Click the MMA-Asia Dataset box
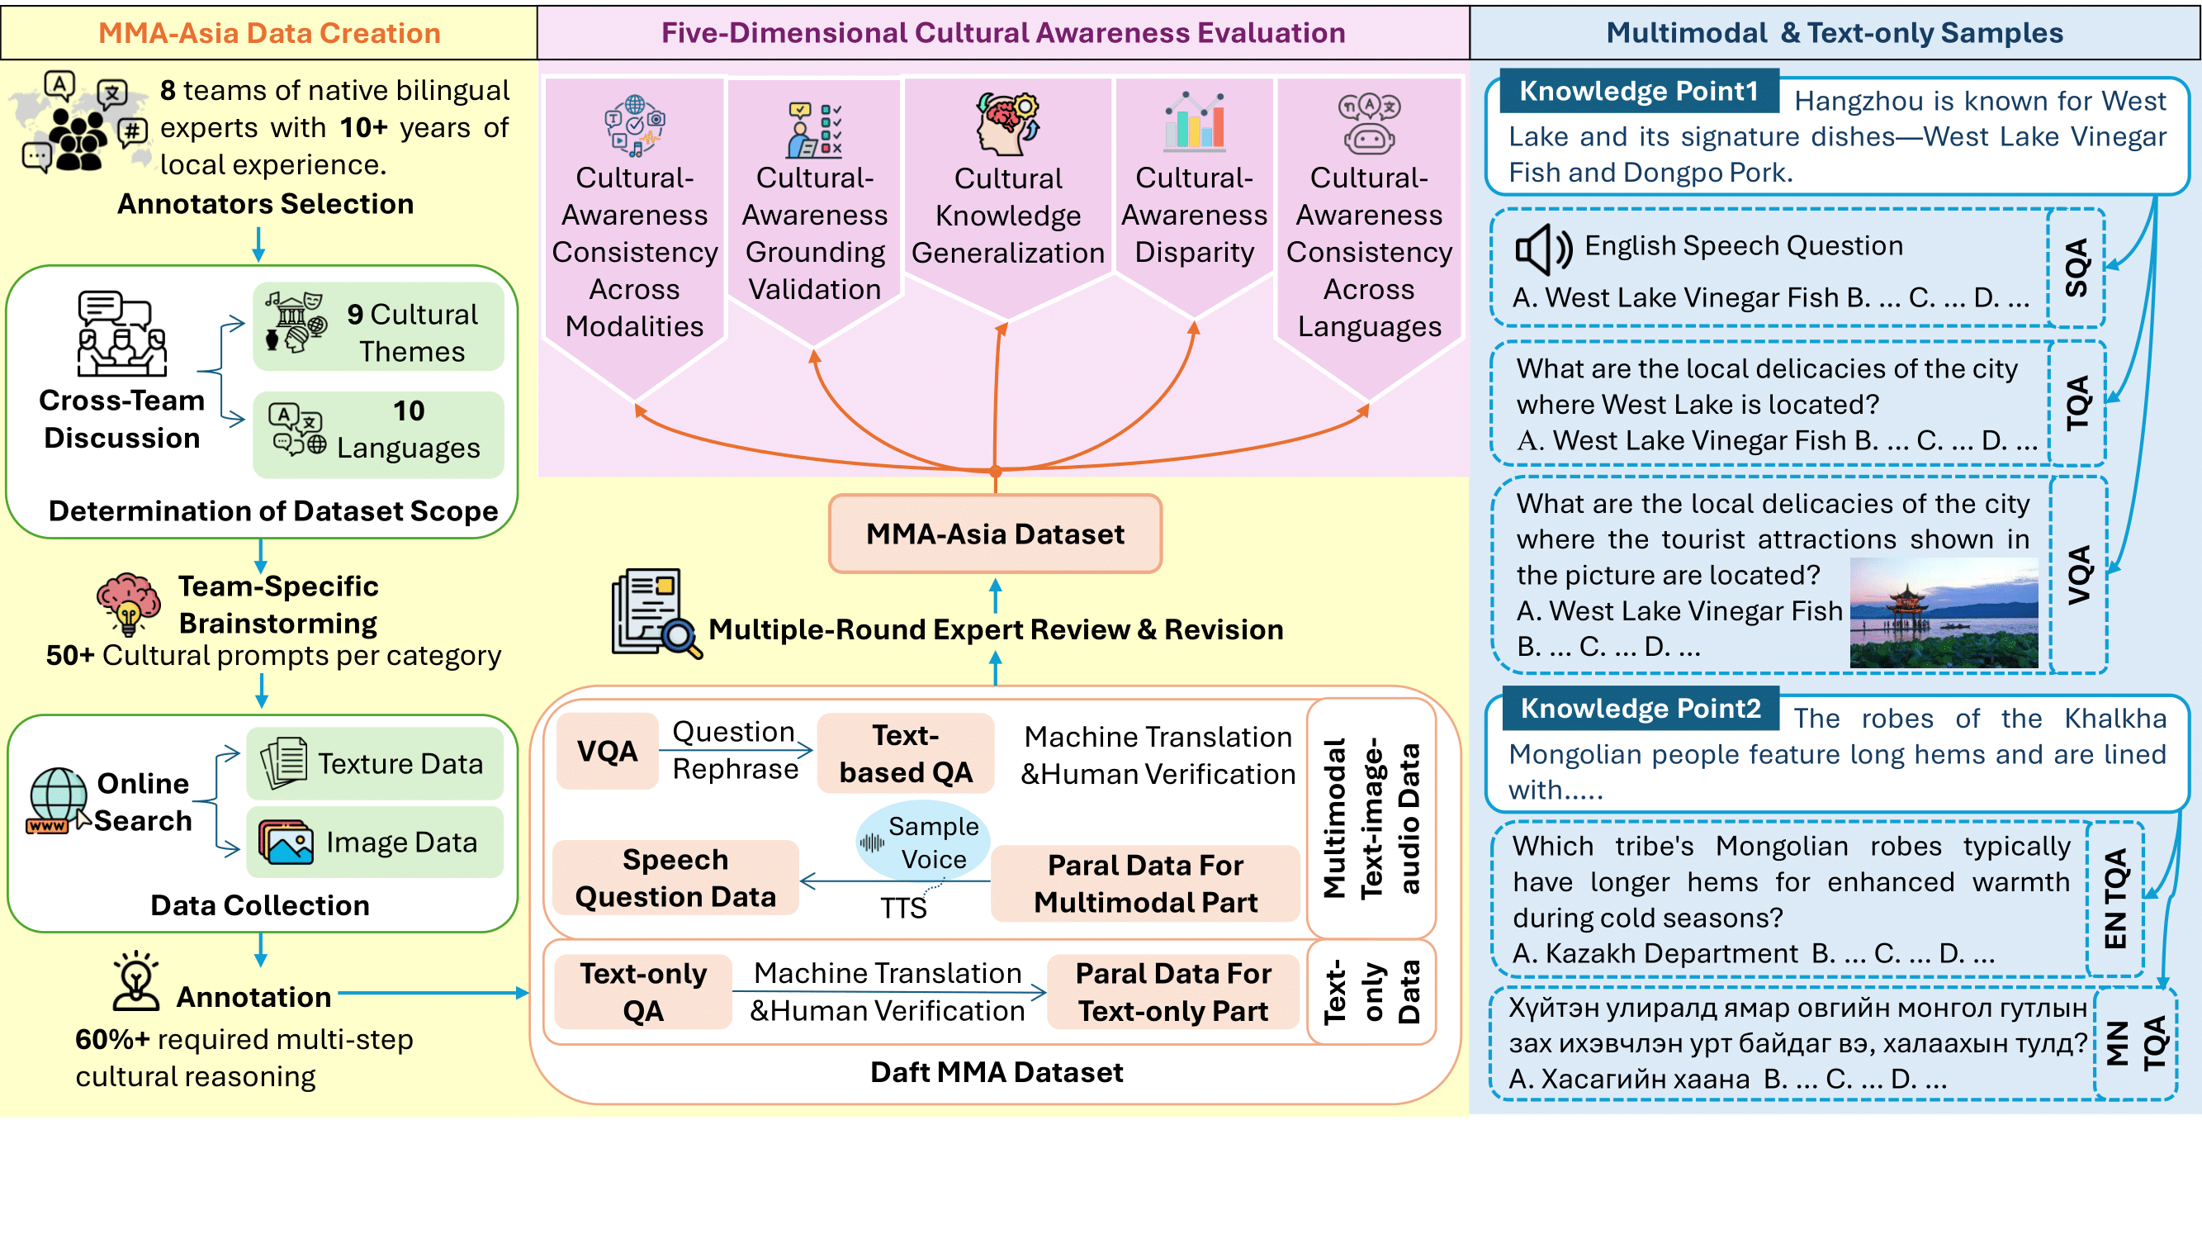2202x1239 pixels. pyautogui.click(x=995, y=534)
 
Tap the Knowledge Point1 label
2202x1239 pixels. pyautogui.click(x=1638, y=91)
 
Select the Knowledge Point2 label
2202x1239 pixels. pyautogui.click(x=1640, y=708)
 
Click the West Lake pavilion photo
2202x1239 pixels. pyautogui.click(x=1943, y=612)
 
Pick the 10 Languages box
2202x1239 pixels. pyautogui.click(x=378, y=434)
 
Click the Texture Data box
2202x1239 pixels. pyautogui.click(x=374, y=762)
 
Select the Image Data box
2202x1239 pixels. pyautogui.click(x=374, y=843)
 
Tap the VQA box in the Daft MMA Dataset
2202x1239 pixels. pyautogui.click(x=607, y=751)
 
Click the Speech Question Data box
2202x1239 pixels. pyautogui.click(x=675, y=878)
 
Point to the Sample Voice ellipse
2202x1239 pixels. pyautogui.click(x=923, y=842)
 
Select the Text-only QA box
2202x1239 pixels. pyautogui.click(x=643, y=992)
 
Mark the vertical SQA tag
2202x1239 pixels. pyautogui.click(x=2077, y=268)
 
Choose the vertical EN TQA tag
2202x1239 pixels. pyautogui.click(x=2114, y=899)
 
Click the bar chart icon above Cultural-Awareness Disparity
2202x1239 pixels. pyautogui.click(x=1194, y=122)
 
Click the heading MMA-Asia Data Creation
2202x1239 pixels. pyautogui.click(x=269, y=32)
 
